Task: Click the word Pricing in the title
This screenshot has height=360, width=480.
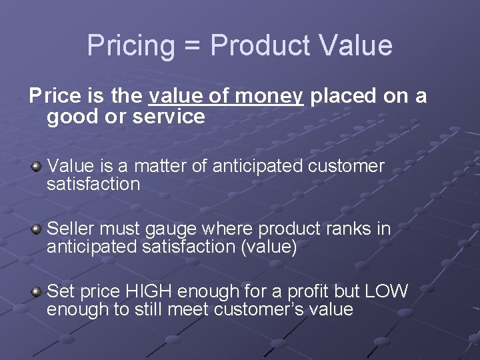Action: pyautogui.click(x=130, y=46)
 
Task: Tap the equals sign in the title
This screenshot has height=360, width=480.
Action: pyautogui.click(x=191, y=46)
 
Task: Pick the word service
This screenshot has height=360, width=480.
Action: pyautogui.click(x=169, y=117)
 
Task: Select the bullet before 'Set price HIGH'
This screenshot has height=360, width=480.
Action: pyautogui.click(x=37, y=291)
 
